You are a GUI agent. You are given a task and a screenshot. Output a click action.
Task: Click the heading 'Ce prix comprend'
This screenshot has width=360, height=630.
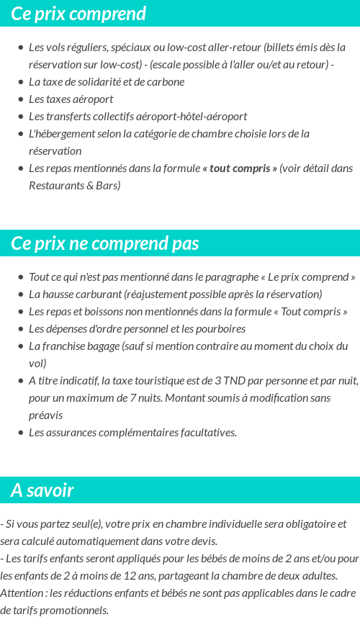click(78, 14)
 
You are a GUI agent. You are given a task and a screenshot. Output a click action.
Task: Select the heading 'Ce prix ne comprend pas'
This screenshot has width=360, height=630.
click(104, 243)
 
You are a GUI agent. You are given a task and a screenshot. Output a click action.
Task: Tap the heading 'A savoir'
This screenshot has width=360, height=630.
click(42, 490)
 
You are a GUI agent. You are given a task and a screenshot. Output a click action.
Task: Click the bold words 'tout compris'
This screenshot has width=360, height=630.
click(240, 168)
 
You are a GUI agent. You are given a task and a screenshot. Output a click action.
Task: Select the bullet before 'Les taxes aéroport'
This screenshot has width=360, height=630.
click(20, 99)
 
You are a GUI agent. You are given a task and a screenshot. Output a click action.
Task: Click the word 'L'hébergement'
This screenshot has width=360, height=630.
click(58, 134)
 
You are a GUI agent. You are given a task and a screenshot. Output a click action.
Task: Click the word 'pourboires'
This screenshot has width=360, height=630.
click(220, 329)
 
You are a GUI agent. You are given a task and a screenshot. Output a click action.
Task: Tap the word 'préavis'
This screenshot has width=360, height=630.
click(45, 415)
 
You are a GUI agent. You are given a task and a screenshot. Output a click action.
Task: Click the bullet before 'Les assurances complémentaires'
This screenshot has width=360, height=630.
click(20, 433)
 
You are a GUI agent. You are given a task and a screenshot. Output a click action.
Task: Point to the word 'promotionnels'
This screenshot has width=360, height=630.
click(73, 611)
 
